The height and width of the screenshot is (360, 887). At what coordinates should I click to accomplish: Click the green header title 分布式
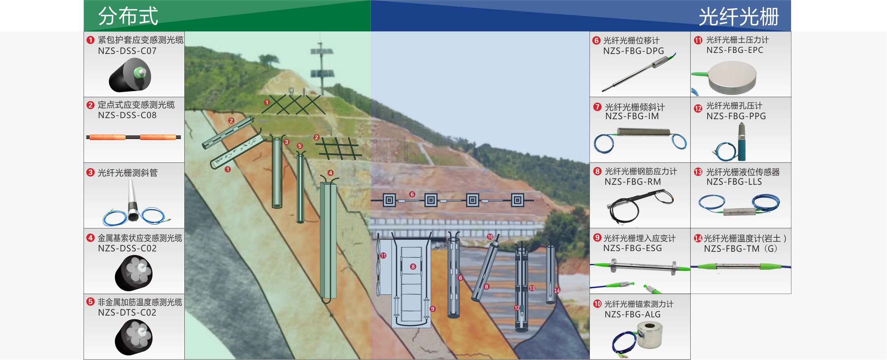(128, 16)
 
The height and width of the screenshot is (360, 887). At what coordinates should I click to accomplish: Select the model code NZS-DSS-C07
(127, 51)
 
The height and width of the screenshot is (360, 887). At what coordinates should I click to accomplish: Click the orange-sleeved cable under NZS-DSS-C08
(133, 137)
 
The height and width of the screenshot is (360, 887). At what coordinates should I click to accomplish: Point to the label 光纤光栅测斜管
(128, 173)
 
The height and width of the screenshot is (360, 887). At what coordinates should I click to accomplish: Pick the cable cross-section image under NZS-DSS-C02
(134, 272)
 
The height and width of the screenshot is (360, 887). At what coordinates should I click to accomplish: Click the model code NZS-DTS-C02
(127, 312)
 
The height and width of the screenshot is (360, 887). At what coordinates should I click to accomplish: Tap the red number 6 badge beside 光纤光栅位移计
(597, 41)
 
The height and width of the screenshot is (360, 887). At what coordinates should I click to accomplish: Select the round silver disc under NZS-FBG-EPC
(732, 77)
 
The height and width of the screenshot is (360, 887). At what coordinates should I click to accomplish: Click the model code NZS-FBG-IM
(632, 116)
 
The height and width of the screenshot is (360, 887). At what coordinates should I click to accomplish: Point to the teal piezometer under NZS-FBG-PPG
(742, 143)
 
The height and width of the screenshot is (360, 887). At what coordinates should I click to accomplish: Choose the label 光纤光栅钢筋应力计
(641, 171)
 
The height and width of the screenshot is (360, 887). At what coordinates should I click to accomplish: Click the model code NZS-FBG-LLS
(734, 182)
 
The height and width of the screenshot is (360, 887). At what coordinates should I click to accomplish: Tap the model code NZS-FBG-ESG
(632, 248)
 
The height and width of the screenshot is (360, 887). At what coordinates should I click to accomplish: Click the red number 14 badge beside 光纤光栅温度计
(698, 238)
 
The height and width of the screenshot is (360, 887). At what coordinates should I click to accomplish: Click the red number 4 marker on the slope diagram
(330, 173)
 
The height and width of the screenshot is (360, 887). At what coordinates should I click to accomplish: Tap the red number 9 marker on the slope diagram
(433, 309)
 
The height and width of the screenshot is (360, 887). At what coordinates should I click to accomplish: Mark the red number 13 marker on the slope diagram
(532, 288)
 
